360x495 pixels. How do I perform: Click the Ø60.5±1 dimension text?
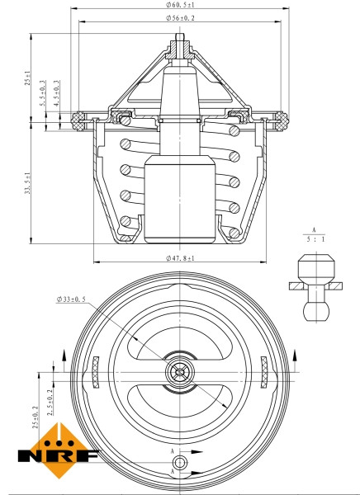click(180, 5)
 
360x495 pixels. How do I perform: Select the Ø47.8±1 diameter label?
click(180, 258)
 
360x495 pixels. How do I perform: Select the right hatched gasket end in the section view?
click(280, 120)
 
